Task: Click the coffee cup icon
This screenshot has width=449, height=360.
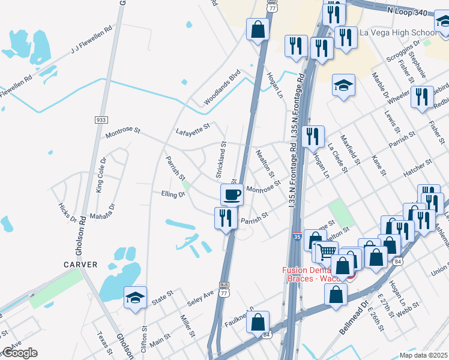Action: [x=232, y=194]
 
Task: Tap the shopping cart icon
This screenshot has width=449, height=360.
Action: [x=326, y=251]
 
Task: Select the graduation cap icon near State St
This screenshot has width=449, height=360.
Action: [x=135, y=297]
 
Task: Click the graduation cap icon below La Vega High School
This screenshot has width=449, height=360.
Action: [x=343, y=85]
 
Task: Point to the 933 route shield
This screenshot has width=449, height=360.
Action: [x=101, y=121]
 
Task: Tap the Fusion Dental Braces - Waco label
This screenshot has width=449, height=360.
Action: [x=313, y=274]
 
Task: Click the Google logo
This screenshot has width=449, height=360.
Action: [x=19, y=353]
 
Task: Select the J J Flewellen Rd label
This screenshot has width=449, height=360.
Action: [x=92, y=38]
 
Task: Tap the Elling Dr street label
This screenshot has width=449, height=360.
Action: [x=172, y=194]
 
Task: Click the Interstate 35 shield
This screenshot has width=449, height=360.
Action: [x=298, y=238]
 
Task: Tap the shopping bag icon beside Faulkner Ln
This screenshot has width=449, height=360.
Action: [x=258, y=322]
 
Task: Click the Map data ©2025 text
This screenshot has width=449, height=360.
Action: [x=424, y=355]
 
